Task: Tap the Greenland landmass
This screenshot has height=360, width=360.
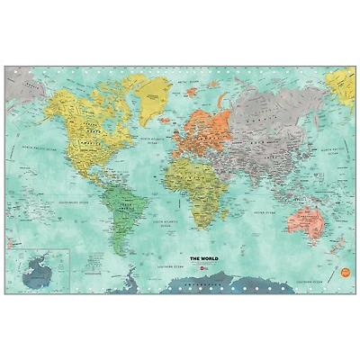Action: (x=154, y=91)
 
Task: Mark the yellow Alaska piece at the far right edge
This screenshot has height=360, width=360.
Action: (x=343, y=85)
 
